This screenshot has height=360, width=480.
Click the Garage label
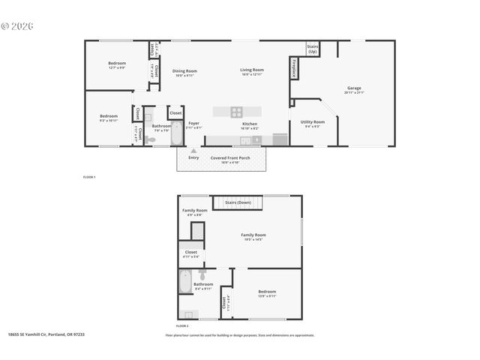(x=354, y=89)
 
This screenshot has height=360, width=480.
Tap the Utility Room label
(x=313, y=123)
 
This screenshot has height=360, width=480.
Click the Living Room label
(x=252, y=71)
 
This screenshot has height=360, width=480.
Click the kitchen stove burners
(x=236, y=112)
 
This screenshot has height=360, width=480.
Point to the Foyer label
(x=193, y=124)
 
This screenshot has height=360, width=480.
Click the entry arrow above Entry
(x=193, y=151)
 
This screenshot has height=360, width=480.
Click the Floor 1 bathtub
(x=175, y=135)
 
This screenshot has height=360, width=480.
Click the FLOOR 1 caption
(x=89, y=177)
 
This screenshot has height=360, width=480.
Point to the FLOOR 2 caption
(x=182, y=326)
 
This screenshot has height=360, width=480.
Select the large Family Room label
(x=253, y=236)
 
